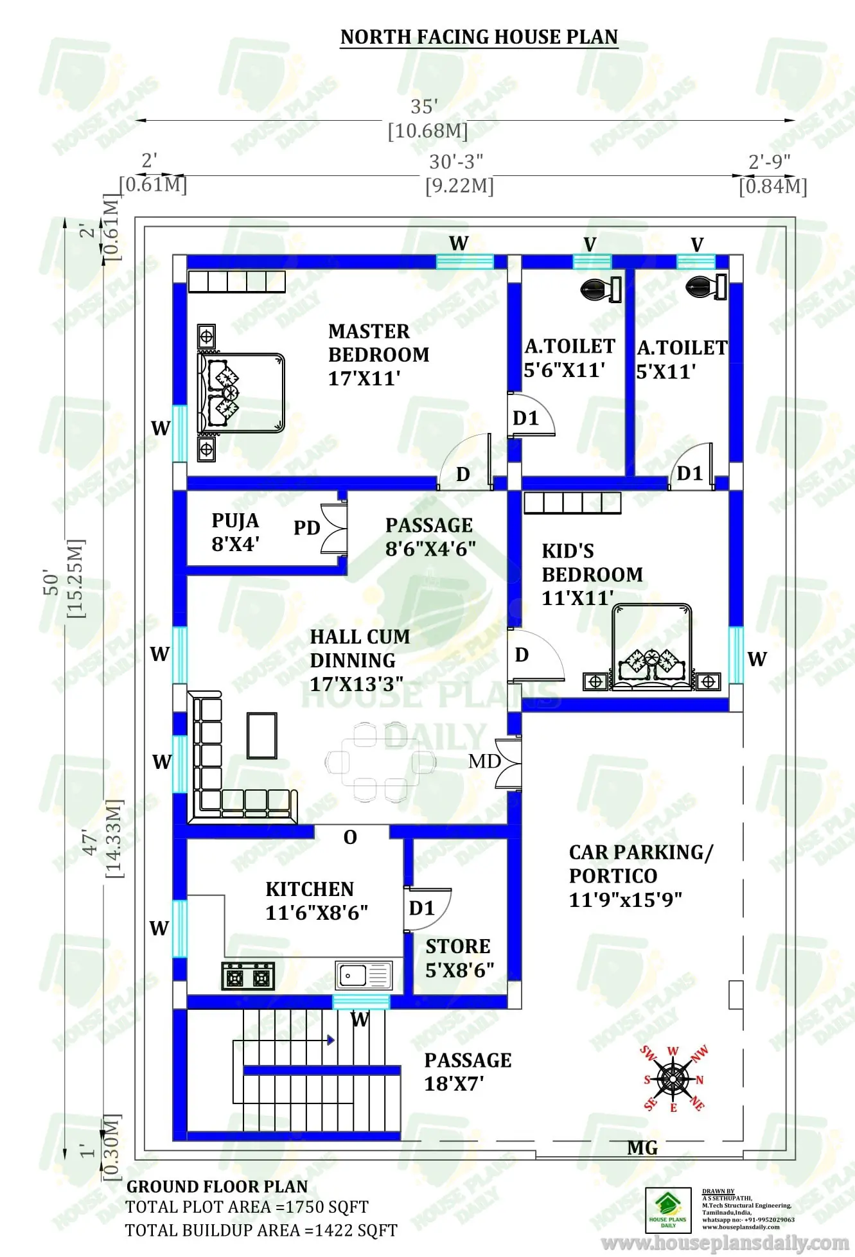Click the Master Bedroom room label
click(x=378, y=355)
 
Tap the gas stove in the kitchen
click(x=248, y=976)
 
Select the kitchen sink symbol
click(x=363, y=975)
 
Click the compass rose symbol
click(x=673, y=1080)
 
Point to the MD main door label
click(x=484, y=762)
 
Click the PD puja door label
click(x=306, y=528)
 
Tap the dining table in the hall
click(x=380, y=762)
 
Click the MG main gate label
click(x=642, y=1148)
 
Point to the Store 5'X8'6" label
click(x=459, y=958)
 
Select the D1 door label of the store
click(x=421, y=908)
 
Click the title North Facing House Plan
click(x=479, y=37)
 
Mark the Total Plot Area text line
click(x=247, y=1207)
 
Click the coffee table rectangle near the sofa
click(x=262, y=735)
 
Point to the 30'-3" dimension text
click(x=456, y=161)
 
